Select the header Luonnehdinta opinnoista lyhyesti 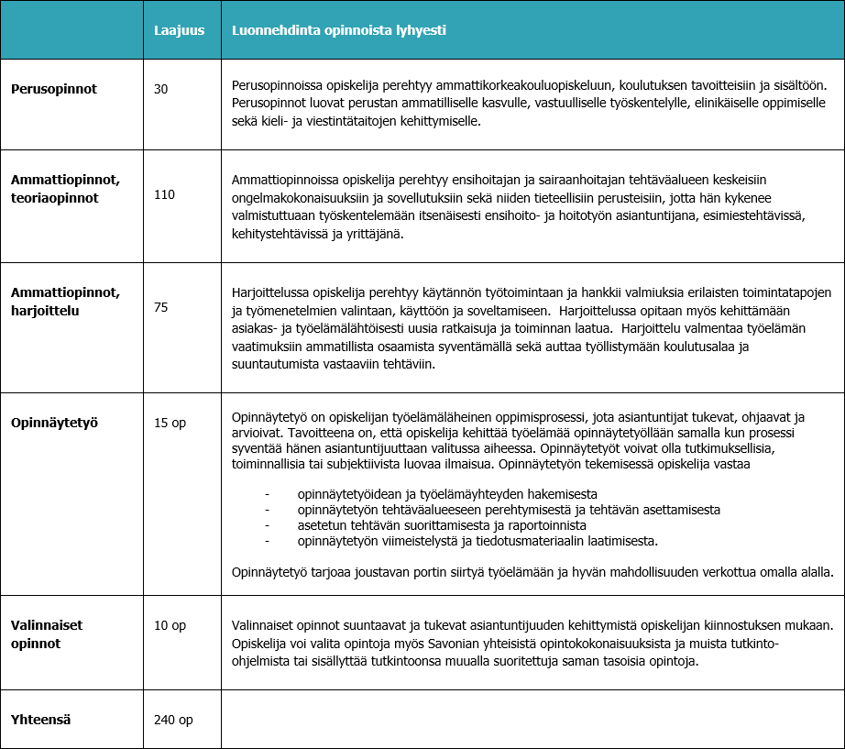(x=339, y=30)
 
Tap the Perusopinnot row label (x=54, y=89)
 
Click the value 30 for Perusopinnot (x=161, y=89)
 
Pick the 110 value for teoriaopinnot (x=165, y=194)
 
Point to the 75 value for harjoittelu (x=161, y=307)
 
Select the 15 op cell (x=170, y=423)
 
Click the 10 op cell (x=170, y=625)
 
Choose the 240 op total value (x=173, y=720)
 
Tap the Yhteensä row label (x=41, y=720)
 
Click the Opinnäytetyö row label (x=54, y=423)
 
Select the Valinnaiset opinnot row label (x=47, y=633)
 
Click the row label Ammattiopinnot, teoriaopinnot (x=65, y=188)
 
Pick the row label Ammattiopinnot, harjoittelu (x=65, y=301)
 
